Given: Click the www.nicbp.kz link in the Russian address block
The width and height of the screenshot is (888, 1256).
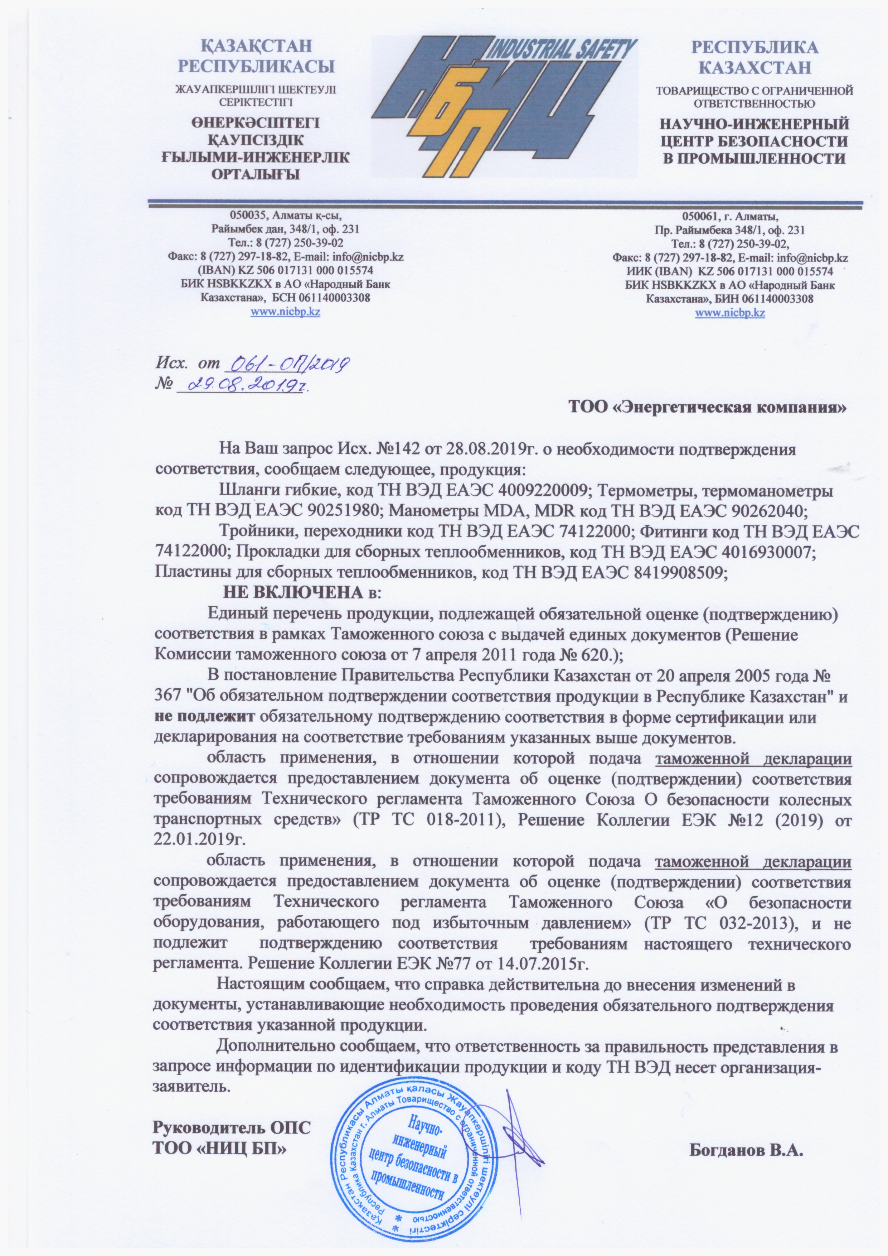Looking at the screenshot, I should coord(729,313).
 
